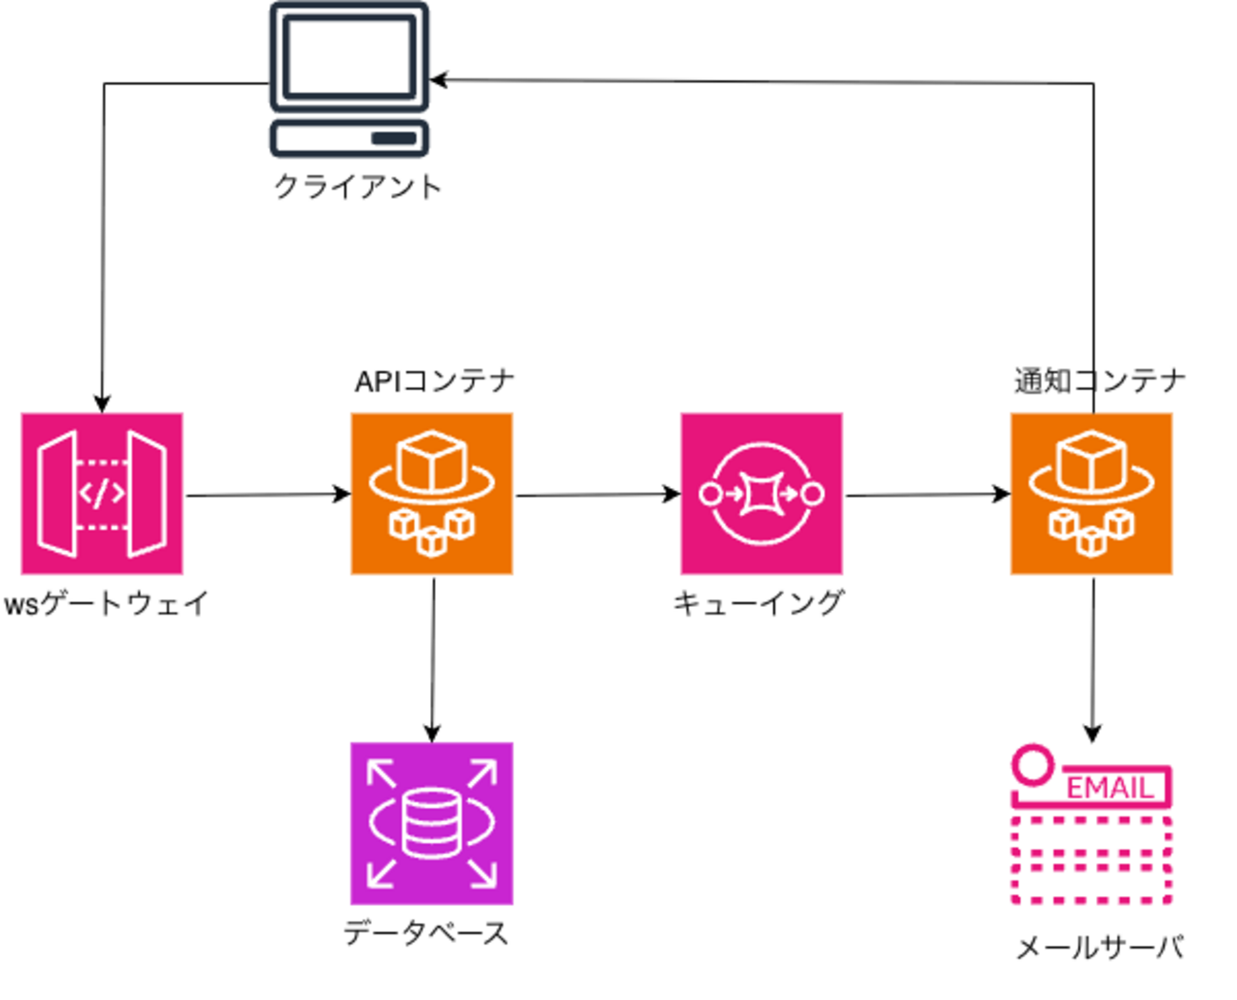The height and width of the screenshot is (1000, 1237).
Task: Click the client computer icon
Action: click(x=349, y=80)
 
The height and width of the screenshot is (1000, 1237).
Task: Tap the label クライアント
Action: click(x=358, y=186)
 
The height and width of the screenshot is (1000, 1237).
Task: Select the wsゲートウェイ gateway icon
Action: click(x=102, y=494)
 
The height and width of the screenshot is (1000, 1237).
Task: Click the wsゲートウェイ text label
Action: click(x=106, y=603)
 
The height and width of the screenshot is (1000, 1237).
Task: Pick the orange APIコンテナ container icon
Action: click(x=432, y=494)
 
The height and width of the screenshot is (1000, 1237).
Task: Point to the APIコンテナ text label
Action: click(x=435, y=382)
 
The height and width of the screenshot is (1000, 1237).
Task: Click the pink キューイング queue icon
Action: click(x=761, y=494)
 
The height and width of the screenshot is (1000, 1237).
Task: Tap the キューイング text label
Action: click(x=758, y=603)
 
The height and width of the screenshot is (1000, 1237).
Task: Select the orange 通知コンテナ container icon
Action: click(x=1091, y=494)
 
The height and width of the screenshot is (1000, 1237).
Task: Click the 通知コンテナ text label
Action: click(x=1100, y=382)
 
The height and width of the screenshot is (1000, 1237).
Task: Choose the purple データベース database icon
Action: click(x=432, y=823)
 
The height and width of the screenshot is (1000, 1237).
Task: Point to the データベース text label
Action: click(x=426, y=933)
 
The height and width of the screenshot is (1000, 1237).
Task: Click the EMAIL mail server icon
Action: click(x=1091, y=825)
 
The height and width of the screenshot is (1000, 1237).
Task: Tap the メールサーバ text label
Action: click(x=1100, y=948)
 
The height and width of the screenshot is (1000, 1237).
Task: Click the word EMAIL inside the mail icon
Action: click(x=1109, y=788)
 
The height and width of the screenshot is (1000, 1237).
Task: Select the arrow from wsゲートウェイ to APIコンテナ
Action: click(x=266, y=495)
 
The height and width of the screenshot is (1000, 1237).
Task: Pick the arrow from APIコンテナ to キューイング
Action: click(x=597, y=495)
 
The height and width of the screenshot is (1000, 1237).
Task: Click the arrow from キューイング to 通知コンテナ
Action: click(x=927, y=495)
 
